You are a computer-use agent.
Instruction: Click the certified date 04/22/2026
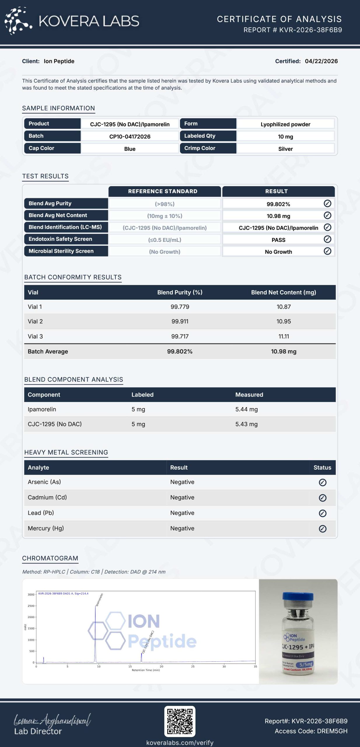321,61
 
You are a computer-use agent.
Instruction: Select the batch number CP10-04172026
130,137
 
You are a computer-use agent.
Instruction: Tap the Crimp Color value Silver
285,149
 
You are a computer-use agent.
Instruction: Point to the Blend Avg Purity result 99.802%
278,204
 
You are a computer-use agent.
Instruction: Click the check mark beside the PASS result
327,239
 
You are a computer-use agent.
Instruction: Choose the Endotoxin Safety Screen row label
60,239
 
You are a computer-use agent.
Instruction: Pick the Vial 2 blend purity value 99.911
180,321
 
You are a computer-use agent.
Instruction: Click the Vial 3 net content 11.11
284,336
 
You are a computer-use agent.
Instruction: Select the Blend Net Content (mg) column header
284,292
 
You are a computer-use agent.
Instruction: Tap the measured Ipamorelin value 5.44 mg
247,409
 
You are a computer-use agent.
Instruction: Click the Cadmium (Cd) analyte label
47,497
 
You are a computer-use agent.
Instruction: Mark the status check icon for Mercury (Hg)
322,528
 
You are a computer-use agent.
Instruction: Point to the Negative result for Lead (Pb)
182,513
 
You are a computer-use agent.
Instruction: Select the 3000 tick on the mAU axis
31,594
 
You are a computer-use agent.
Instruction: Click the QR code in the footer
180,721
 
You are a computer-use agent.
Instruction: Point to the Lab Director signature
53,720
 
